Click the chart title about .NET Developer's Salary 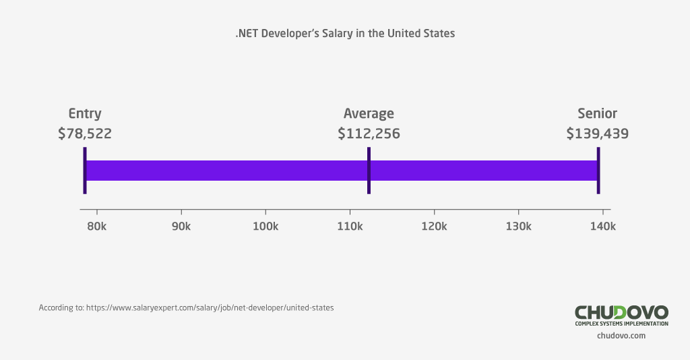345,33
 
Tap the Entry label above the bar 85,113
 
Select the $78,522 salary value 85,133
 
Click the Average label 369,113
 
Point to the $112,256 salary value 369,133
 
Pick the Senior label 597,113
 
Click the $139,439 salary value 597,133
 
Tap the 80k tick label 97,226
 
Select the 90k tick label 181,226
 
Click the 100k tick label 265,226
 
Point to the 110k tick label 350,226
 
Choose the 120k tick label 434,226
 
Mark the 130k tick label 518,226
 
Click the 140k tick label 602,226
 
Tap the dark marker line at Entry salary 85,171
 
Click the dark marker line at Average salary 369,171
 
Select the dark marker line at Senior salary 598,171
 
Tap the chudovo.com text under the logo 621,336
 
